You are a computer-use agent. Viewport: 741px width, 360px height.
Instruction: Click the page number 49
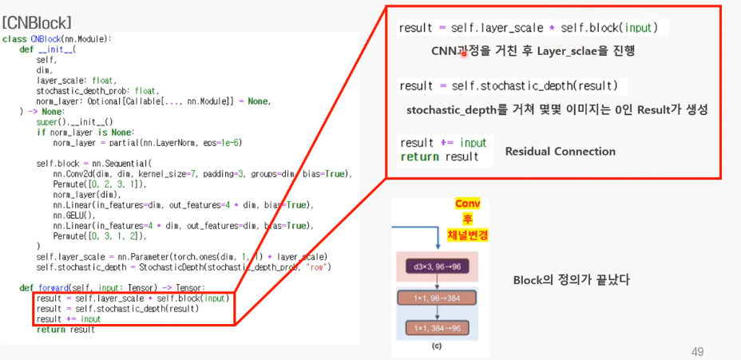(x=697, y=351)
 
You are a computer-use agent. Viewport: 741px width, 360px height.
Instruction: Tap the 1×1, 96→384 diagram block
(x=438, y=298)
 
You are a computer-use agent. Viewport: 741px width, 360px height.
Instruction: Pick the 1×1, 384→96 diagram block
(x=438, y=327)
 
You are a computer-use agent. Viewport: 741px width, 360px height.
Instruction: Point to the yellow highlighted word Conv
(x=467, y=204)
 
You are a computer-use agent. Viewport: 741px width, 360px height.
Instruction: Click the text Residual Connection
(x=560, y=151)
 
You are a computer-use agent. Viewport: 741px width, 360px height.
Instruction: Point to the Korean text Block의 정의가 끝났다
(x=571, y=280)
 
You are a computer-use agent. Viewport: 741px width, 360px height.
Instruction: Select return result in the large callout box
(x=439, y=157)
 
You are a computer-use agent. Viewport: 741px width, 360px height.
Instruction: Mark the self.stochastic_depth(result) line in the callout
(x=509, y=85)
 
